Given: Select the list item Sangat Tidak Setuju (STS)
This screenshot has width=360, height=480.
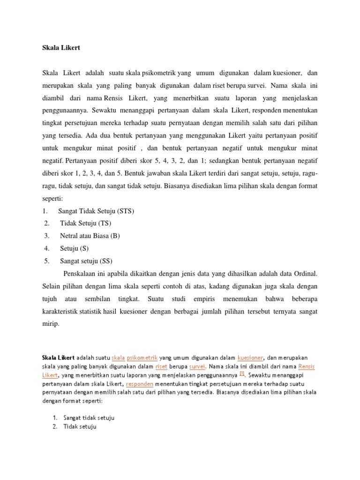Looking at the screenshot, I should [x=96, y=211].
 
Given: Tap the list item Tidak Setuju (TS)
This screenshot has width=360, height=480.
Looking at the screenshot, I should [x=86, y=223].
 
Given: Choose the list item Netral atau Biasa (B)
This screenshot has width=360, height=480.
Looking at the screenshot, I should [x=90, y=236].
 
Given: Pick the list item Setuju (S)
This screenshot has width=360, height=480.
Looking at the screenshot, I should [x=74, y=248].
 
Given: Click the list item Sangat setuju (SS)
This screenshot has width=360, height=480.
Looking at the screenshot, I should [x=86, y=261].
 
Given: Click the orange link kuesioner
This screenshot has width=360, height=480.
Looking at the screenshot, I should [x=250, y=358].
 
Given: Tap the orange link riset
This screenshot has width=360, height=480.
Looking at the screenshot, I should [x=161, y=366].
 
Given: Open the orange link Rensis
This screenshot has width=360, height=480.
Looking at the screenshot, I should [x=307, y=366].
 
